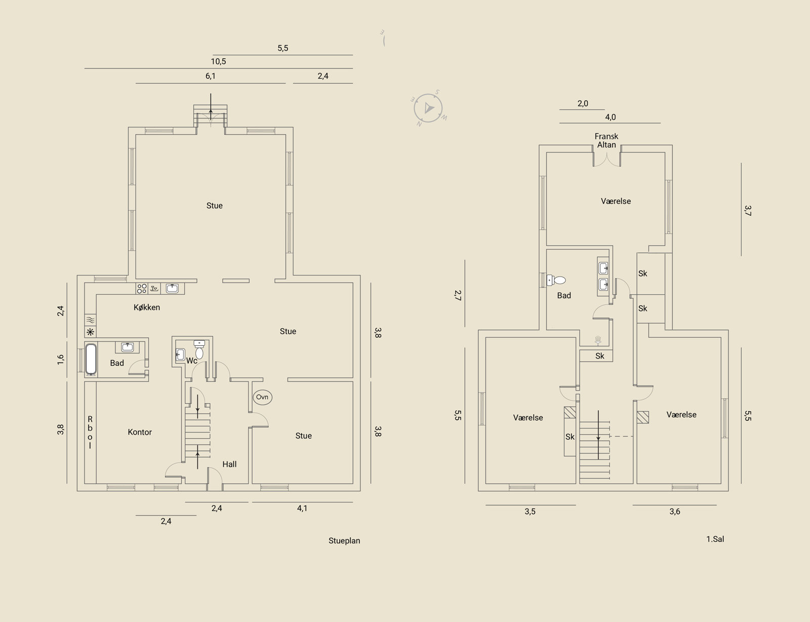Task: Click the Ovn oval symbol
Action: point(262,397)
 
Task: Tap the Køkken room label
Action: point(147,307)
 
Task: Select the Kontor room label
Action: point(140,432)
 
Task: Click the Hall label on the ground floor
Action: point(230,464)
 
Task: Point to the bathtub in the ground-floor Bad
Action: point(91,359)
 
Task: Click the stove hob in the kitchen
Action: point(142,288)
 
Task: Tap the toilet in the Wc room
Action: point(199,349)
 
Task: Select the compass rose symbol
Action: point(429,108)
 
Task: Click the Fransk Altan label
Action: point(606,141)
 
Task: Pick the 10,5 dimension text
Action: point(218,61)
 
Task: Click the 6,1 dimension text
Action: point(211,76)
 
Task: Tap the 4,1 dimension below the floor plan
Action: point(302,508)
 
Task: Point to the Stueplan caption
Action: point(344,541)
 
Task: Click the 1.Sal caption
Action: point(715,539)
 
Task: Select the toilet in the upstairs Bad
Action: point(556,280)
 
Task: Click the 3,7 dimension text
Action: point(748,210)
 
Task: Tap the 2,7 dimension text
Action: point(458,295)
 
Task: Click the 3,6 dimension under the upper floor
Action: point(675,512)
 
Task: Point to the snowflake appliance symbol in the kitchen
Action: point(91,332)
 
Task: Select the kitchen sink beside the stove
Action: point(172,288)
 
